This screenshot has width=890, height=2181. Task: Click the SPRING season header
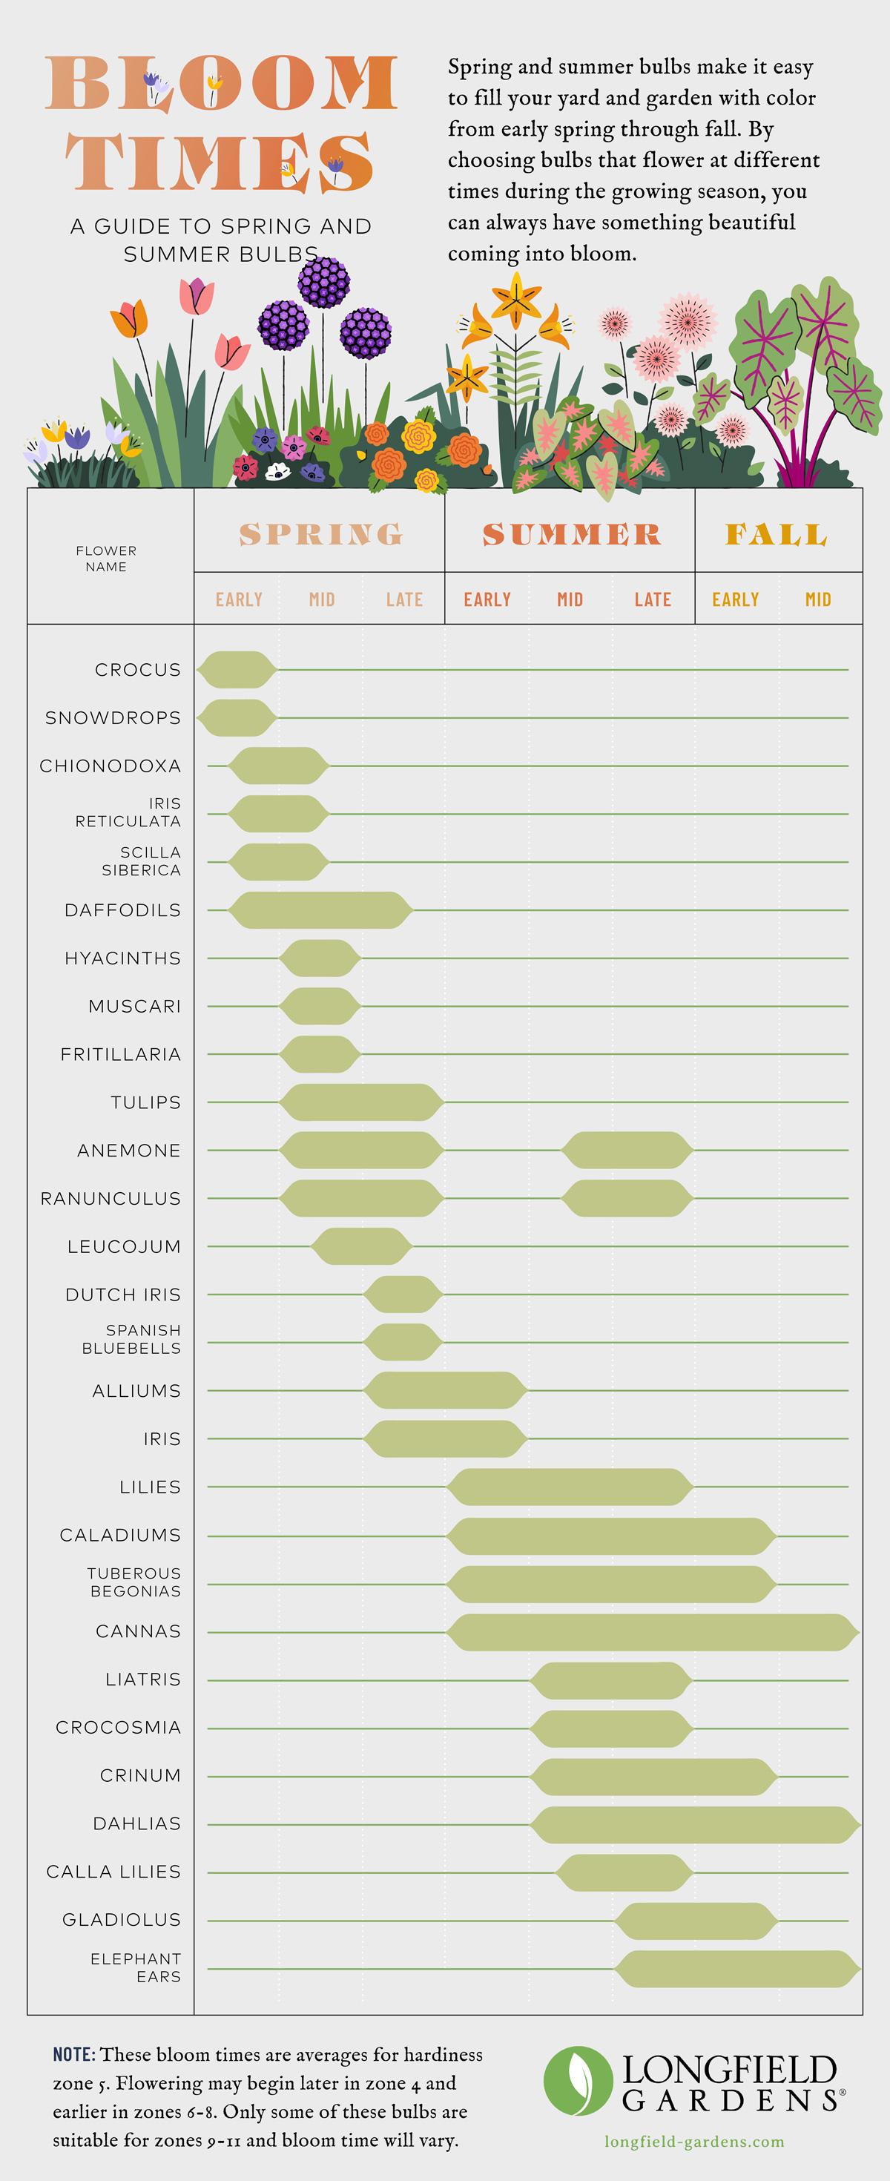pos(320,534)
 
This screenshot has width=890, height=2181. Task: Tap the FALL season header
pos(776,534)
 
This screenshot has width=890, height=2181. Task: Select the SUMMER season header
pos(571,534)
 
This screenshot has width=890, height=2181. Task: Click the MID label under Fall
pos(817,599)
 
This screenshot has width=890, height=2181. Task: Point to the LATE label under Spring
pos(404,599)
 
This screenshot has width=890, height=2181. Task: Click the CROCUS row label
pos(137,670)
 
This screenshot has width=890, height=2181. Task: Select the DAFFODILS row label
pos(123,910)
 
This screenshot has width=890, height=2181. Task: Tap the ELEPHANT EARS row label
pos(136,1967)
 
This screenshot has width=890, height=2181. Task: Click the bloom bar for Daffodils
pos(320,910)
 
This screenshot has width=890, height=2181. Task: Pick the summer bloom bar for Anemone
pos(627,1150)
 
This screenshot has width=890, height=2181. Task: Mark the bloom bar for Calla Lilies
pos(624,1871)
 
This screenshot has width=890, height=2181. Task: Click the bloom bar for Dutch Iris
pos(403,1295)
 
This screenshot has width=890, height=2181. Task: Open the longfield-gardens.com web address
pos(693,2142)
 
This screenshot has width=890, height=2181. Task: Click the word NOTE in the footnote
pos(73,2055)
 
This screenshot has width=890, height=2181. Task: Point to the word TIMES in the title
pos(220,162)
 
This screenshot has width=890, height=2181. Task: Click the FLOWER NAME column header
pos(106,559)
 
